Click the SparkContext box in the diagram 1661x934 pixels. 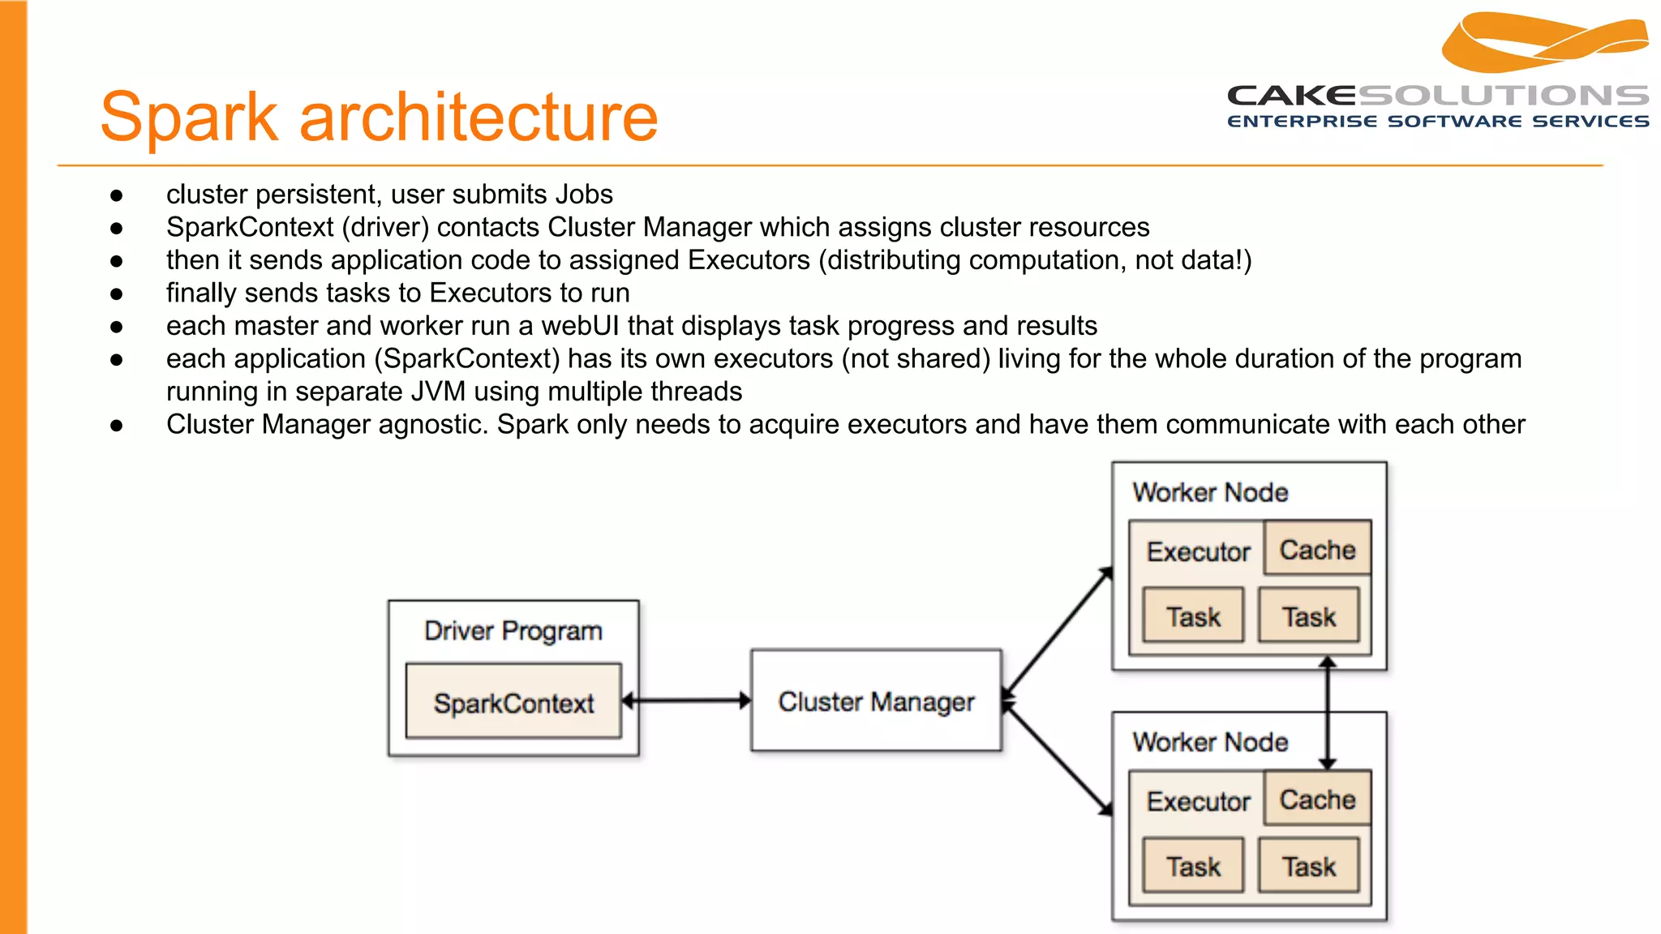pyautogui.click(x=513, y=701)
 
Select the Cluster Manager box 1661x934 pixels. pyautogui.click(x=876, y=700)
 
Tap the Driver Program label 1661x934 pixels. pyautogui.click(x=513, y=631)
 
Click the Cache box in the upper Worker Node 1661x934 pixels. pyautogui.click(x=1317, y=549)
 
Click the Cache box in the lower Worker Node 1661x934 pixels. pyautogui.click(x=1317, y=799)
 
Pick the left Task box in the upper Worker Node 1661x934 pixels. pyautogui.click(x=1193, y=616)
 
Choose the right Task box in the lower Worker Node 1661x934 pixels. pyautogui.click(x=1308, y=866)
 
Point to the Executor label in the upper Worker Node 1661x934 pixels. pyautogui.click(x=1198, y=551)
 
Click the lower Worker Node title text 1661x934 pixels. pyautogui.click(x=1210, y=741)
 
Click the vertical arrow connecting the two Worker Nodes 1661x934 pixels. pyautogui.click(x=1328, y=713)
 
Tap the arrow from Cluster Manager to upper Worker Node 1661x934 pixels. pyautogui.click(x=1058, y=632)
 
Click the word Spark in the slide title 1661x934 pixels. pyautogui.click(x=188, y=118)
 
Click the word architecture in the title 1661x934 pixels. pyautogui.click(x=479, y=118)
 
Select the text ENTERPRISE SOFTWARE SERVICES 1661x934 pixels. pyautogui.click(x=1437, y=122)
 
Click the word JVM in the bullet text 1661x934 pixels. pyautogui.click(x=438, y=392)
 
